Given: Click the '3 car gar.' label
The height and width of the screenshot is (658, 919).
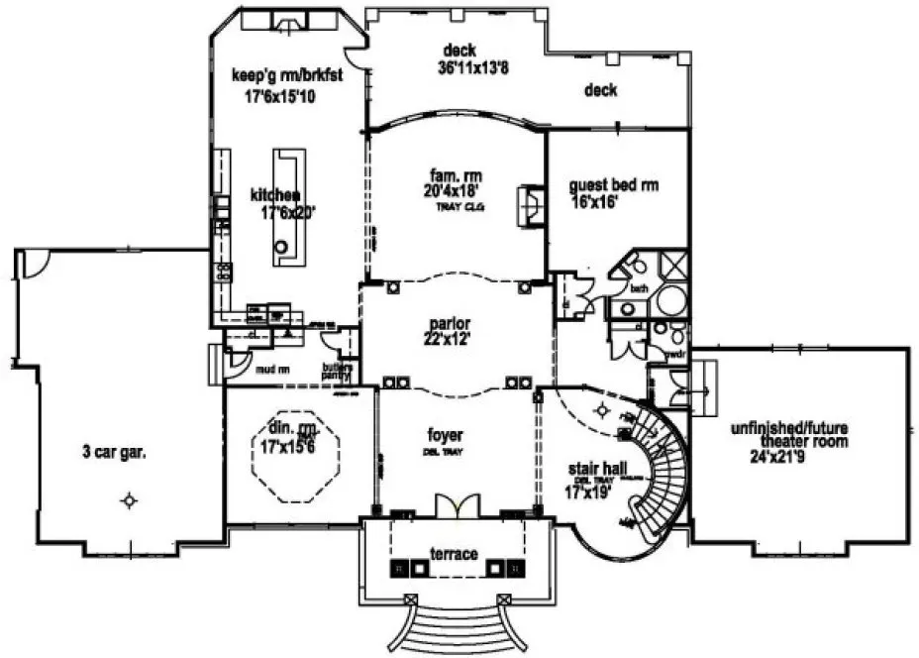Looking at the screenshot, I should (x=116, y=455).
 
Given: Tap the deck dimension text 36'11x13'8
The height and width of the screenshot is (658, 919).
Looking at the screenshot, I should (x=459, y=68).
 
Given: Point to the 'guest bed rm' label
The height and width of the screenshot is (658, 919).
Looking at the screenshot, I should (x=614, y=185).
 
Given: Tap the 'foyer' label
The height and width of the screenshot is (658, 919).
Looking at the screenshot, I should (x=446, y=435).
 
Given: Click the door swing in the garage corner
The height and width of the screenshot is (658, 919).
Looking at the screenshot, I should (x=34, y=262).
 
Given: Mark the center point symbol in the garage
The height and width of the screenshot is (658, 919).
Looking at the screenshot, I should (x=128, y=500).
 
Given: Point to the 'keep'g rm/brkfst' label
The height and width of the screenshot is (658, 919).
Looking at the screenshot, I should (x=286, y=75).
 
